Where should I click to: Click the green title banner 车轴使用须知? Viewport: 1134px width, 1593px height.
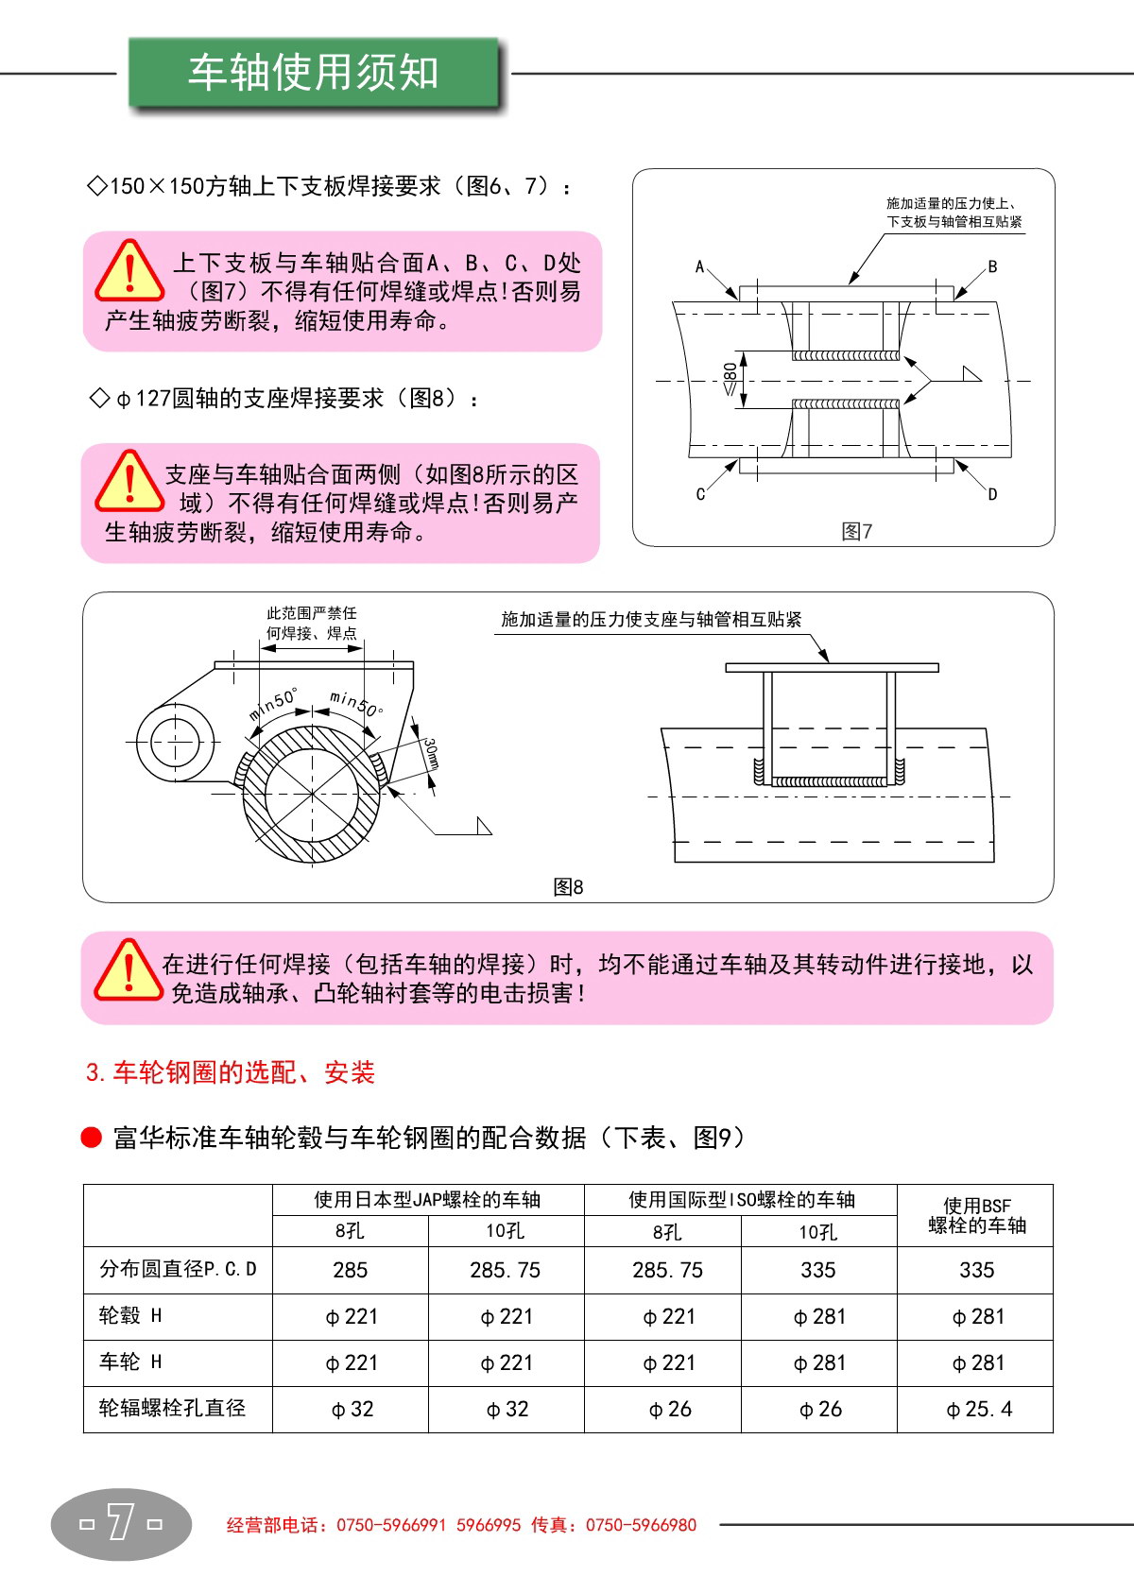tap(314, 72)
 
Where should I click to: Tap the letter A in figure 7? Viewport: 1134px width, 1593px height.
tap(699, 266)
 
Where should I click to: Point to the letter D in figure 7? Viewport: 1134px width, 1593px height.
tap(992, 493)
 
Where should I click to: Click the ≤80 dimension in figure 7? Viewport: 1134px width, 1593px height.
tap(730, 379)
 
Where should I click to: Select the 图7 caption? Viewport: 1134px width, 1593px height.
tap(856, 531)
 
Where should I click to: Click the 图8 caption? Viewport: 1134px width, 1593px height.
tap(568, 887)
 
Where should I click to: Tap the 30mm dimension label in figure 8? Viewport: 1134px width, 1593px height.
tap(431, 753)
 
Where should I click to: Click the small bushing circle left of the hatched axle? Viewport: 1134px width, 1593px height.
tap(175, 742)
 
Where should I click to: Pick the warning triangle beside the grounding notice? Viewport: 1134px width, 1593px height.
tap(129, 970)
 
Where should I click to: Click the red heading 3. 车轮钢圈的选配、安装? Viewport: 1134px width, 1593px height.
tap(230, 1071)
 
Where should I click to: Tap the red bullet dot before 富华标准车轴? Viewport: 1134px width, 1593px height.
tap(91, 1138)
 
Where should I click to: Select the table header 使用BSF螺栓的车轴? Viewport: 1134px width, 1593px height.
tap(977, 1215)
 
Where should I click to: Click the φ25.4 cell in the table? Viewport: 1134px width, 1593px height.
tap(979, 1409)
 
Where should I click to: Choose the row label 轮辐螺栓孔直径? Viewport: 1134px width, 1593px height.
tap(172, 1408)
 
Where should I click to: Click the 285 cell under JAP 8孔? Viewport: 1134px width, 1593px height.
tap(350, 1270)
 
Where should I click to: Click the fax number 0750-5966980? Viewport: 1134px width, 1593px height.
tap(641, 1525)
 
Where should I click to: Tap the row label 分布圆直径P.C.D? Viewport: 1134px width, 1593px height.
tap(178, 1269)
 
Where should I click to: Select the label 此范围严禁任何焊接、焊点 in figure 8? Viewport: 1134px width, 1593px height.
tap(312, 623)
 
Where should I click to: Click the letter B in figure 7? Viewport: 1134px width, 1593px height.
tap(992, 266)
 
